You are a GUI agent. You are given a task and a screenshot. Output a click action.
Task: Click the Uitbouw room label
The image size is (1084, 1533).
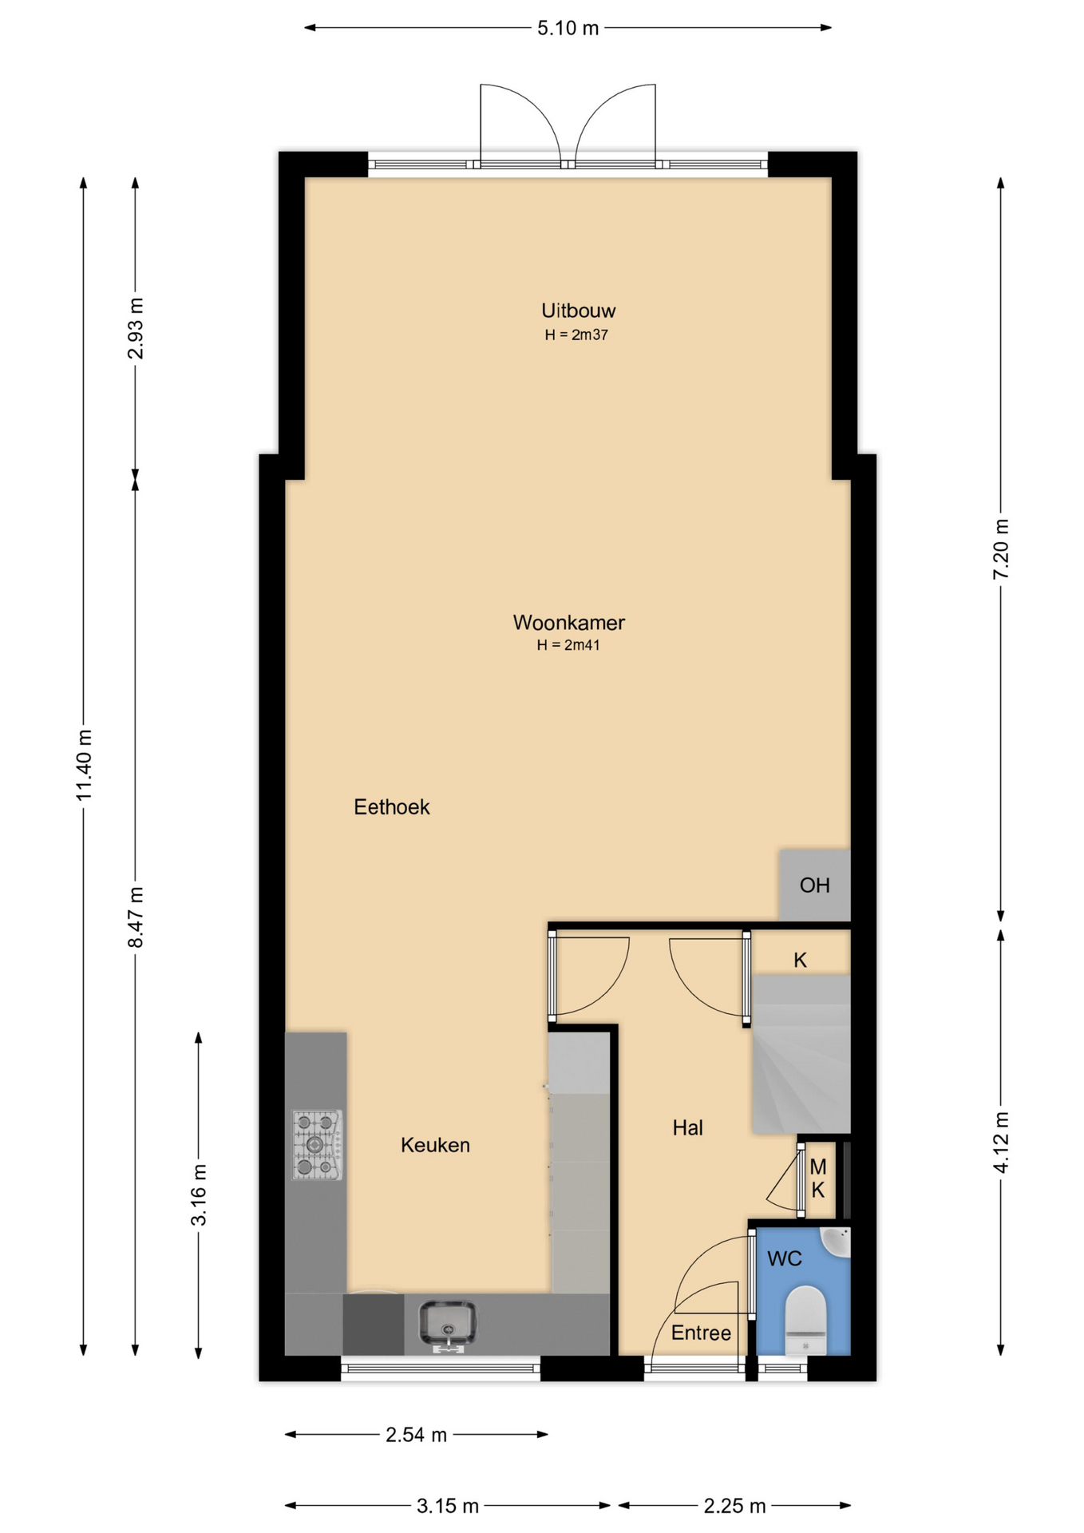click(578, 311)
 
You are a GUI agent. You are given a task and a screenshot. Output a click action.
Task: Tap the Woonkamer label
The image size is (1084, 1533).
click(568, 622)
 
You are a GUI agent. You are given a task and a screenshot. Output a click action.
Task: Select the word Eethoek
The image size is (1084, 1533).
click(391, 807)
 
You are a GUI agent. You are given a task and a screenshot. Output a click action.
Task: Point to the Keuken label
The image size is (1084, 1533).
click(435, 1145)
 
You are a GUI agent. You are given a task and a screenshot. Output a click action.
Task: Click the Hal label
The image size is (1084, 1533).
click(687, 1127)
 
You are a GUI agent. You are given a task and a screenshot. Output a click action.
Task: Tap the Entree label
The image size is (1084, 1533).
click(701, 1333)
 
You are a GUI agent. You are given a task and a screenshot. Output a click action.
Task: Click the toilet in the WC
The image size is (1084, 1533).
click(805, 1321)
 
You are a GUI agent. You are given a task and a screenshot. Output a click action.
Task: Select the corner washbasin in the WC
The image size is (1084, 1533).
click(836, 1242)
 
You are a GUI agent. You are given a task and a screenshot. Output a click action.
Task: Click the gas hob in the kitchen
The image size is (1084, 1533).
click(317, 1145)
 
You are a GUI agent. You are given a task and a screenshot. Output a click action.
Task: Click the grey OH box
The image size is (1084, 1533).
click(814, 885)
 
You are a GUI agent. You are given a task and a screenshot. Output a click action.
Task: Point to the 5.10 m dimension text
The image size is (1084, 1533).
click(568, 29)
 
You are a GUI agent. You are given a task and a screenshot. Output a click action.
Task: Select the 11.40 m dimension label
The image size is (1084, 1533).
click(85, 765)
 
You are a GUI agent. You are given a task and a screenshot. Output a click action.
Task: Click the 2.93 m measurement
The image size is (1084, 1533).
click(136, 328)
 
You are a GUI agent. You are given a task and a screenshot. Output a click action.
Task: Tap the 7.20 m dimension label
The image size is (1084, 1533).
click(1001, 549)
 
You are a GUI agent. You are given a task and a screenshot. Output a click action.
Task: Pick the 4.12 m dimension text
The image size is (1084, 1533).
click(1001, 1143)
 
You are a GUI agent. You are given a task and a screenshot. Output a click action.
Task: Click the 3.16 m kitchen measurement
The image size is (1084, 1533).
click(199, 1195)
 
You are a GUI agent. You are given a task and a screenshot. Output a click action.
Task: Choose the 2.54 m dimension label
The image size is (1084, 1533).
click(416, 1435)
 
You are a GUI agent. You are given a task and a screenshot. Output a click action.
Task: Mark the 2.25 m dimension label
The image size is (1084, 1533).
click(734, 1506)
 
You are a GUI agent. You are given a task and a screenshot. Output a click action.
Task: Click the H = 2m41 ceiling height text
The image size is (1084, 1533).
click(568, 645)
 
